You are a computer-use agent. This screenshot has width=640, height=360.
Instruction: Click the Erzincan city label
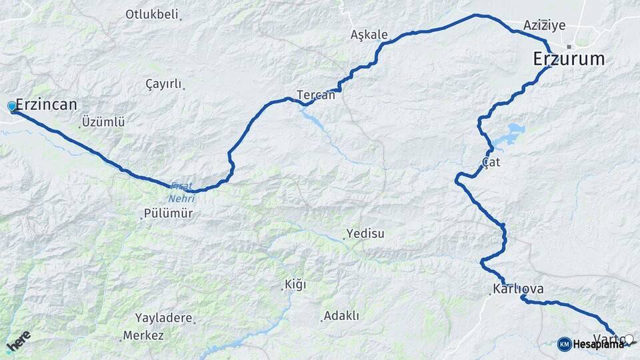(46, 105)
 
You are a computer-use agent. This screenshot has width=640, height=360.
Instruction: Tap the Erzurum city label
(569, 59)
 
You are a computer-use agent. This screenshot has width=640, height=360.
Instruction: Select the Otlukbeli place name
(152, 14)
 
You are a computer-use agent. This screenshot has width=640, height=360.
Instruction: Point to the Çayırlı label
(163, 84)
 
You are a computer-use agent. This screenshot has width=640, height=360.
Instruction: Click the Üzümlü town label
(103, 122)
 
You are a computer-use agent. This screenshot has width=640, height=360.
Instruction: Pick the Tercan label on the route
(316, 95)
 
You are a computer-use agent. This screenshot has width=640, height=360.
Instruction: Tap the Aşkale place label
(369, 34)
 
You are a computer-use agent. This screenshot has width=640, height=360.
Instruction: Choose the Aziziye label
(544, 25)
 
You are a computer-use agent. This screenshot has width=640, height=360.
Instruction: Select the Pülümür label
(168, 214)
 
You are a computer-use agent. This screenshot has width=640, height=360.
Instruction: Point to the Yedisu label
(365, 234)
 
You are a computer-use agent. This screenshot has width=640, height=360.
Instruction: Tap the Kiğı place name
(295, 285)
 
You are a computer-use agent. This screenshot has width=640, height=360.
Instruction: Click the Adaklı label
(341, 315)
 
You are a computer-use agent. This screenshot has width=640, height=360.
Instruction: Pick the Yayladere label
(163, 318)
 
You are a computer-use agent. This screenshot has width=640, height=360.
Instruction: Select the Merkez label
(143, 335)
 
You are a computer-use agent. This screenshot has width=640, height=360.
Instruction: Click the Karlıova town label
(518, 289)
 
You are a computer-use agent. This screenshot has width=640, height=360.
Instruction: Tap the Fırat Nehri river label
(183, 192)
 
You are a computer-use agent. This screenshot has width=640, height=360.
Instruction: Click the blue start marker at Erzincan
(11, 106)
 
